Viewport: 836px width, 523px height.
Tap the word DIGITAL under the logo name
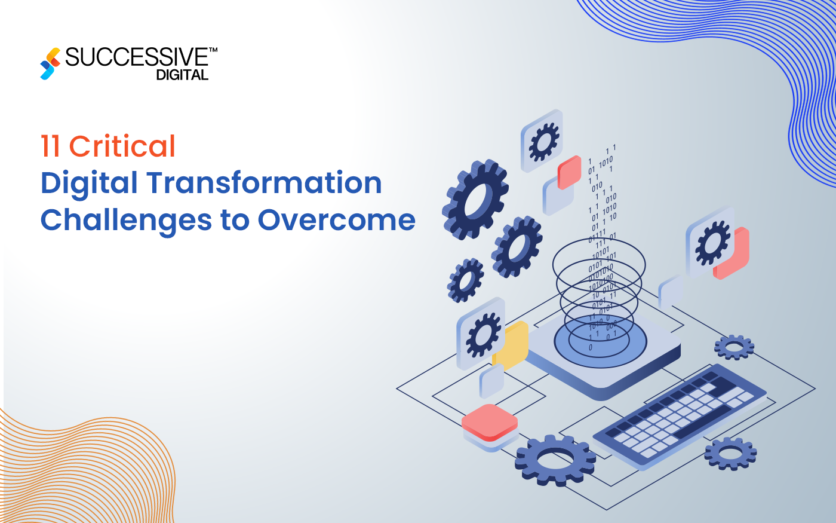(182, 75)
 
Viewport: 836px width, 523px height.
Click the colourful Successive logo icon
(50, 63)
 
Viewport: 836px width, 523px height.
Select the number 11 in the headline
(50, 146)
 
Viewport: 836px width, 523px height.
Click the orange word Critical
(122, 146)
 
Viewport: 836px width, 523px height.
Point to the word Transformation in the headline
(264, 183)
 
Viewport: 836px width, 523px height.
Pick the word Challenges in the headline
(126, 220)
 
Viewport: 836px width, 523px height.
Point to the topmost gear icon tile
(542, 140)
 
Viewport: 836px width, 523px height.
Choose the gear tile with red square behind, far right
(711, 242)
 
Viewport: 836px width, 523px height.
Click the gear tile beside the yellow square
(481, 334)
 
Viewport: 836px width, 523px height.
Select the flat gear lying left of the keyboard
(555, 459)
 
